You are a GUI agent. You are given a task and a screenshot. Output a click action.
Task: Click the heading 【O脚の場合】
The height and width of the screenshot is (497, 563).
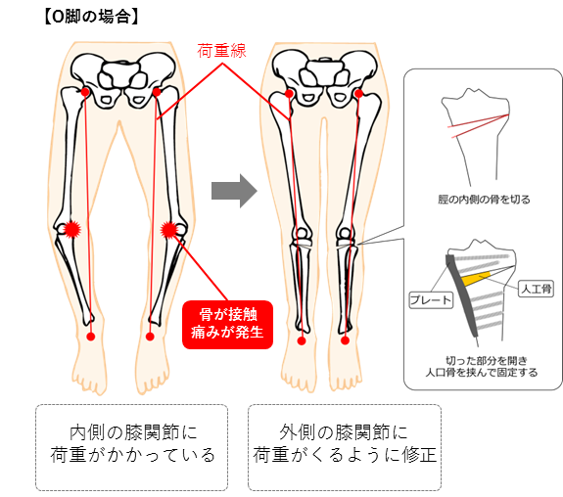click(x=91, y=17)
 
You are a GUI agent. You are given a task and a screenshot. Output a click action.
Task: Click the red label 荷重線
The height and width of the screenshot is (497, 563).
click(x=221, y=51)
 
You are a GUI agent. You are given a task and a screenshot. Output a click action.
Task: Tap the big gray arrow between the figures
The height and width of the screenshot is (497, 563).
click(x=234, y=191)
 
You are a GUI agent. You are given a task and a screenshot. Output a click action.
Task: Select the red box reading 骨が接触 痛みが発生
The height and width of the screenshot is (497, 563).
click(x=227, y=325)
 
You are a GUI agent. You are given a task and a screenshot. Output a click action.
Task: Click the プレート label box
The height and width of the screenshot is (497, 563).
click(x=431, y=300)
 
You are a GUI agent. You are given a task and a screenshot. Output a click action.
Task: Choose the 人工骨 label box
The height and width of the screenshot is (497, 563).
click(x=536, y=289)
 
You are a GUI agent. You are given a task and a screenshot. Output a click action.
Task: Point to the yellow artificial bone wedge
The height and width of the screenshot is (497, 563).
click(x=476, y=279)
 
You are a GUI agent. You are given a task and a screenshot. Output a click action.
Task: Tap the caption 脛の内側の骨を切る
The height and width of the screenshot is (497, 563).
click(x=484, y=200)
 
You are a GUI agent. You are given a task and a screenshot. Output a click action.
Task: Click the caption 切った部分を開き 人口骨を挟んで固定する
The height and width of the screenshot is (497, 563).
click(x=482, y=366)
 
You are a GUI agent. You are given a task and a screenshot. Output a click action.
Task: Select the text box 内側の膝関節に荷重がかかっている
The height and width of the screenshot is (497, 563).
click(x=132, y=447)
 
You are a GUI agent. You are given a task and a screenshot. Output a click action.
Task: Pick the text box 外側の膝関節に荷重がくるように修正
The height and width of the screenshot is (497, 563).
click(x=345, y=447)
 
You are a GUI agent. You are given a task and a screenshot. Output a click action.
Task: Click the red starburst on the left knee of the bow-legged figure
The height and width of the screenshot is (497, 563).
click(x=72, y=229)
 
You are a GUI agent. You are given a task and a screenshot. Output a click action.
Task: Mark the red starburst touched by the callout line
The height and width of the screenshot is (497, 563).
click(x=168, y=230)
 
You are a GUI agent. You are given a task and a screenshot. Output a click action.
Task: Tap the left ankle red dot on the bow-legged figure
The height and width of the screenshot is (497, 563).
click(x=91, y=337)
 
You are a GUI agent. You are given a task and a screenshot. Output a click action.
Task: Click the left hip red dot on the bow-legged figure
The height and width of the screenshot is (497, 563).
click(x=85, y=92)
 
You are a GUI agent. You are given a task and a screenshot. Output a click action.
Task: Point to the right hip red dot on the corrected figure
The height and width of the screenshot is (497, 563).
click(x=358, y=94)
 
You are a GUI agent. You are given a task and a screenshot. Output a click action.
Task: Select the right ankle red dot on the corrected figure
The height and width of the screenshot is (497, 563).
click(x=345, y=340)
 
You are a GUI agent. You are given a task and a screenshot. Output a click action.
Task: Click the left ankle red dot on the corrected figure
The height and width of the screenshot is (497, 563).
click(x=302, y=340)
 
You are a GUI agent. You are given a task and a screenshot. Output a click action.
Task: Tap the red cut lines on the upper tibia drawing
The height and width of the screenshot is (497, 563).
click(x=480, y=125)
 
